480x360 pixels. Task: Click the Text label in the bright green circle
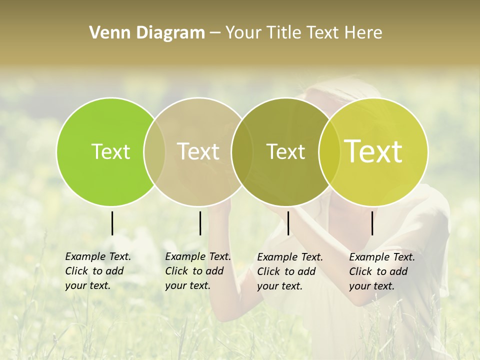110,151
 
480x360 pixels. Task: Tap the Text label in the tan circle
198,151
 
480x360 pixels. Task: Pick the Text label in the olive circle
285,151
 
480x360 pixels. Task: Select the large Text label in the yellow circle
373,151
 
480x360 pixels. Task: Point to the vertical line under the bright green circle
112,223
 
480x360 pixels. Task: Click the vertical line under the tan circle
200,223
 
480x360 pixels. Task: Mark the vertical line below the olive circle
288,223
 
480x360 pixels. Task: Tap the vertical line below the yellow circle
372,223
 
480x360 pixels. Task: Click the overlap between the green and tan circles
154,151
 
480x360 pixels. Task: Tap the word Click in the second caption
176,271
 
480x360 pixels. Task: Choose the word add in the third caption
306,271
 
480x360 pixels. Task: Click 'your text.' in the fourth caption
372,286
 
